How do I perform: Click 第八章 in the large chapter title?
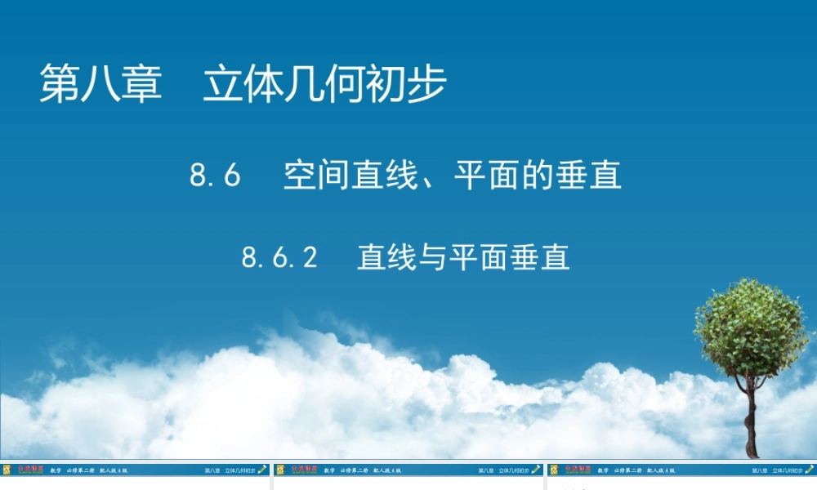[x=101, y=85]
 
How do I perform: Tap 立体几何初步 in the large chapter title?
[x=325, y=85]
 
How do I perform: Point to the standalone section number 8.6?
[x=216, y=176]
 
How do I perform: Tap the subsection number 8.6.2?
[x=279, y=258]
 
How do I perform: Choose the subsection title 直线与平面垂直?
[x=463, y=258]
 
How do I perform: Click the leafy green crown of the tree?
[x=750, y=327]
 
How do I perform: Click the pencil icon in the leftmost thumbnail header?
[x=262, y=470]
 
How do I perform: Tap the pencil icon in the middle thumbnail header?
[x=536, y=470]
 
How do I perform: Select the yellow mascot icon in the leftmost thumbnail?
[x=7, y=470]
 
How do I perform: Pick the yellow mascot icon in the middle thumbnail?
[x=280, y=470]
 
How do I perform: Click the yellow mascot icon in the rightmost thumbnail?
[x=554, y=470]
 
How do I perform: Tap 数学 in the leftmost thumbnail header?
[x=56, y=470]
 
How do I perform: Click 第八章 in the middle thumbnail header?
[x=485, y=470]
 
